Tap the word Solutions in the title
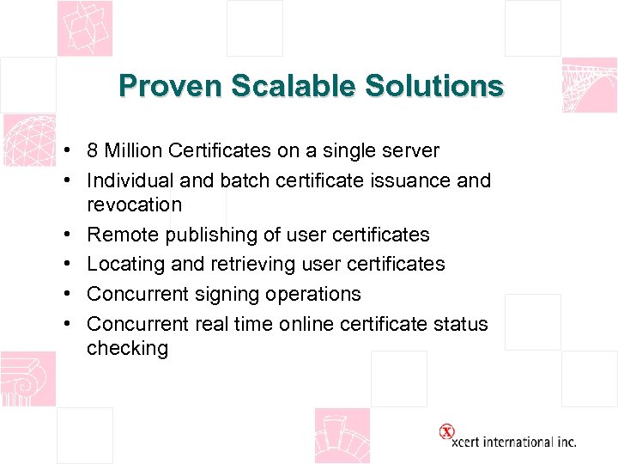tap(434, 86)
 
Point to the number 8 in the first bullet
tap(93, 151)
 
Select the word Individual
tap(129, 181)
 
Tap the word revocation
tap(134, 205)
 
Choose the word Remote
tap(124, 235)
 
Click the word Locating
tap(127, 265)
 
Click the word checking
tap(127, 349)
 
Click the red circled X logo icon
tap(446, 431)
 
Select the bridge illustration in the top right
tap(589, 85)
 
